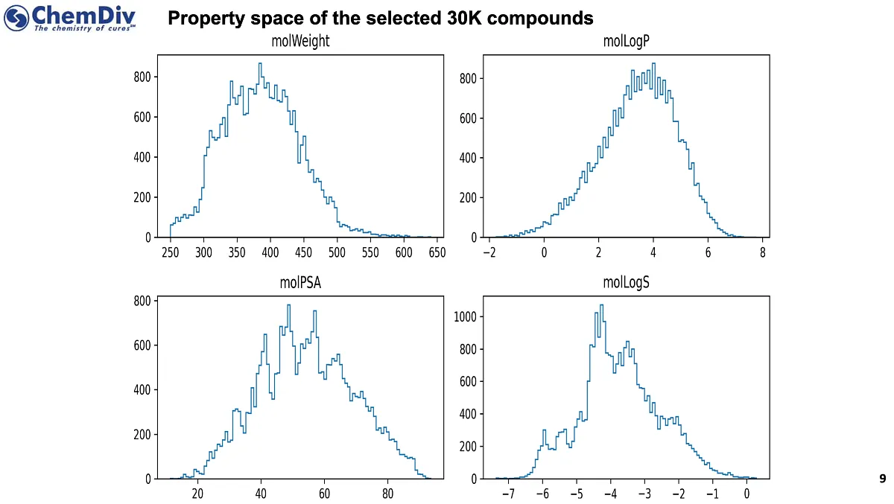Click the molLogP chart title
[x=626, y=42]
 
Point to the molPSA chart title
[x=300, y=283]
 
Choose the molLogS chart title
[x=626, y=283]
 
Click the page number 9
[x=883, y=479]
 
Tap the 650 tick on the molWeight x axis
[x=437, y=252]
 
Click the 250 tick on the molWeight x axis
[x=171, y=252]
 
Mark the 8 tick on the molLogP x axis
[x=763, y=252]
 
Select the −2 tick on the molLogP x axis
[x=489, y=252]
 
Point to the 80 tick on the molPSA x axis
[x=387, y=494]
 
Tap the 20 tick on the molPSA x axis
[x=197, y=494]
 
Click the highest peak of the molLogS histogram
[x=601, y=305]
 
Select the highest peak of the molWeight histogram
[x=260, y=63]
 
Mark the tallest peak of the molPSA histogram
[x=288, y=304]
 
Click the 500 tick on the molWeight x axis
[x=337, y=252]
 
